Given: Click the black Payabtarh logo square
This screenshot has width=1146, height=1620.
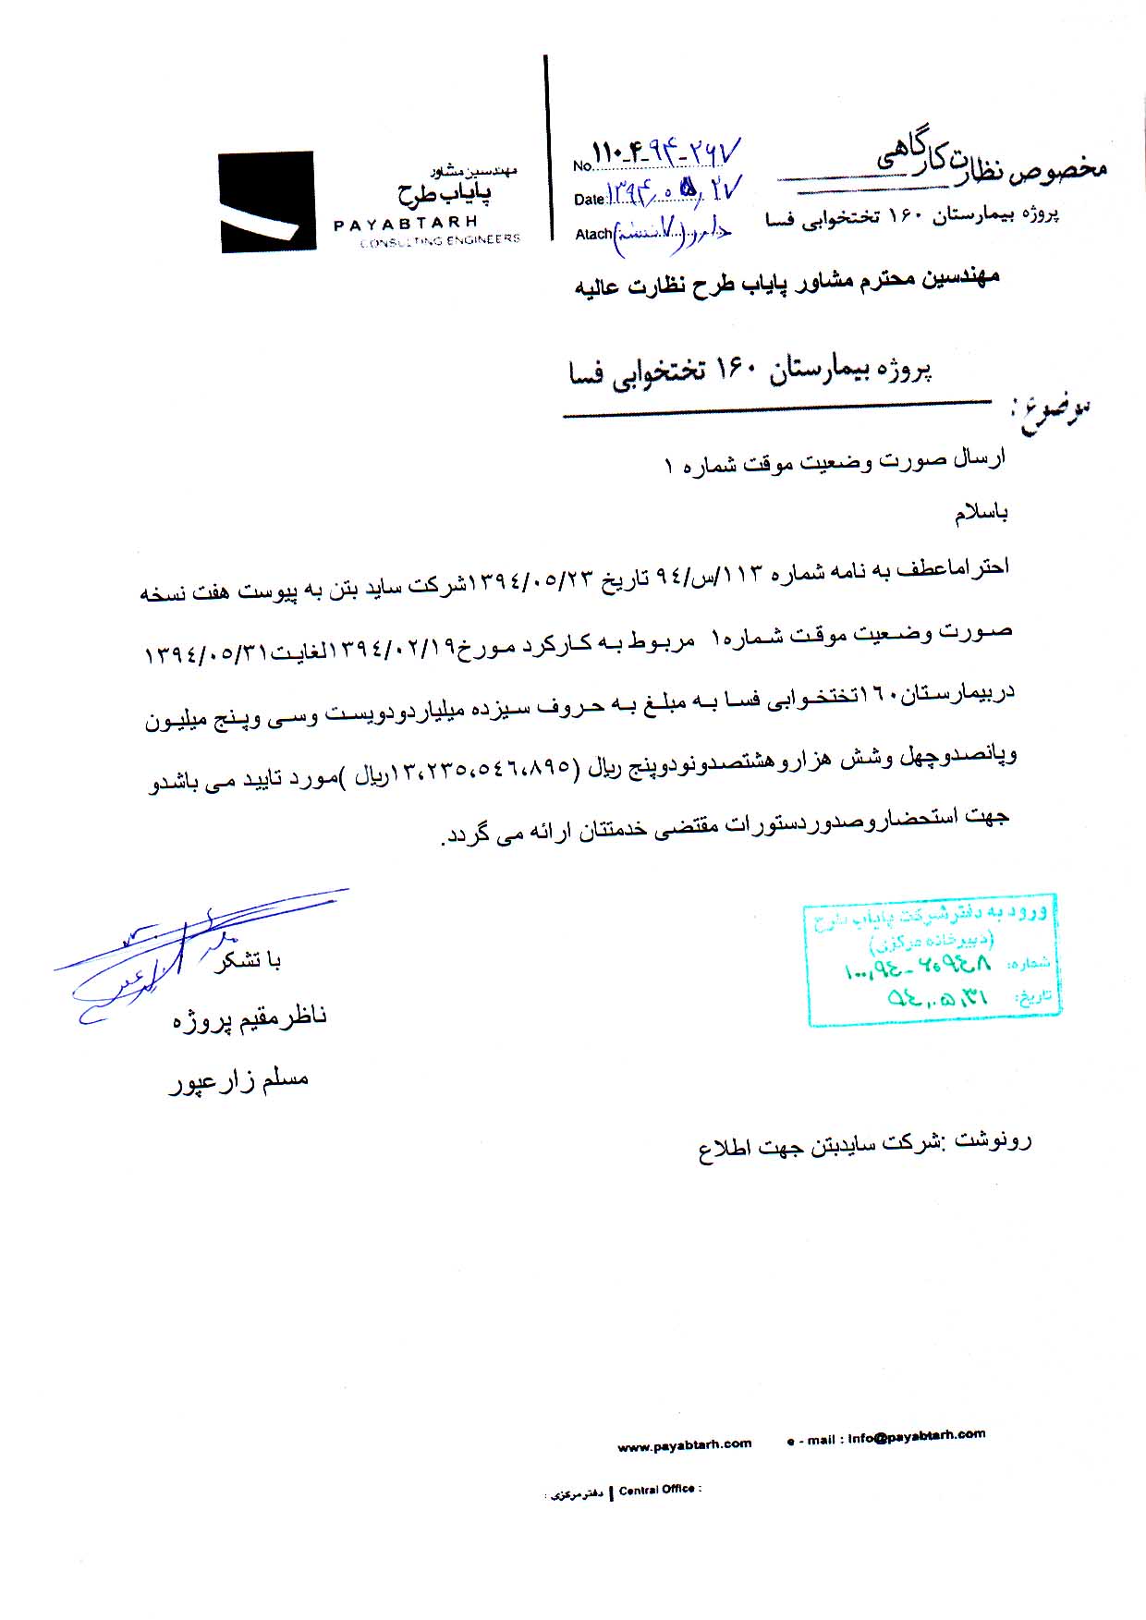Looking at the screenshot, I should (268, 201).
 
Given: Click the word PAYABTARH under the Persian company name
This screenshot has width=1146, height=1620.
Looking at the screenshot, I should (406, 224).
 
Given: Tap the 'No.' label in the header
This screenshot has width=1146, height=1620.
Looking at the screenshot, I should (581, 166).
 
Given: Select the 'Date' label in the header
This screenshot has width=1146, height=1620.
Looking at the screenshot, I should (589, 200).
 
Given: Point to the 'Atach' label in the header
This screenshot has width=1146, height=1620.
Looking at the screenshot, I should (592, 235).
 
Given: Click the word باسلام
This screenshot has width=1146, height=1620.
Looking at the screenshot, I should (981, 513).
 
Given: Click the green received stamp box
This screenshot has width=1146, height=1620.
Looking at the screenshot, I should (932, 959).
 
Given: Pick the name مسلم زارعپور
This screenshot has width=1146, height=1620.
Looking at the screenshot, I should (238, 1080).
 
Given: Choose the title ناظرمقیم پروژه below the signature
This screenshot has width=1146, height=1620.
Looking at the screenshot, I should (250, 1018).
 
